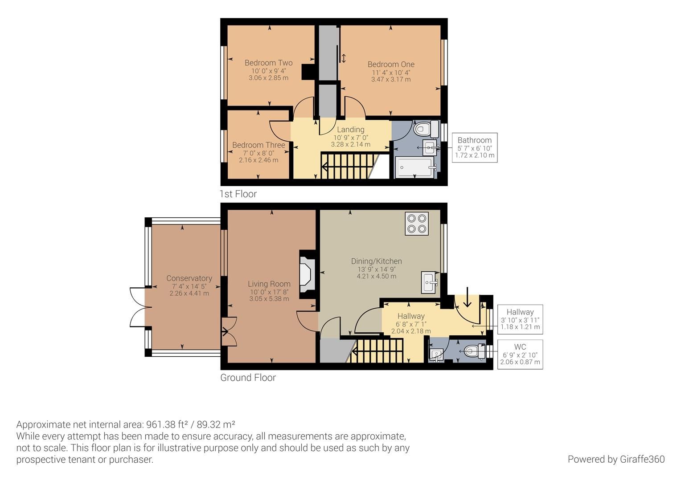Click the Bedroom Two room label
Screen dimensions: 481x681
[x=268, y=63]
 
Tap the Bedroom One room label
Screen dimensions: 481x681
[x=391, y=65]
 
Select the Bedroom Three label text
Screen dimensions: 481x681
[x=258, y=145]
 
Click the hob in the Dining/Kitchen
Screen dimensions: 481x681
[x=417, y=224]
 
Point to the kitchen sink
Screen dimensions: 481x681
[x=431, y=282]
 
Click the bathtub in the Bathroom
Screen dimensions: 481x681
[x=414, y=167]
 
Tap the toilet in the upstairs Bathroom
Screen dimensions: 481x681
[x=424, y=129]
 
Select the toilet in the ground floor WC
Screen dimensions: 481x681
[x=473, y=351]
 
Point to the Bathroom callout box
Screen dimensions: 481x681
[x=475, y=147]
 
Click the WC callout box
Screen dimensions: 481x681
[x=520, y=355]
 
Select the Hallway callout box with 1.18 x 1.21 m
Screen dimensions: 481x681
[x=520, y=319]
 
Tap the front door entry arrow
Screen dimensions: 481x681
[x=467, y=298]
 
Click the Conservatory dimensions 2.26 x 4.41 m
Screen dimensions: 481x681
[x=189, y=293]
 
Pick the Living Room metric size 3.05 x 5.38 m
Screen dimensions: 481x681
[x=269, y=299]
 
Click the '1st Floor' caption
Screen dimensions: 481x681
[x=238, y=194]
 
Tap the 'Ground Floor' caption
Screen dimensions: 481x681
[x=248, y=378]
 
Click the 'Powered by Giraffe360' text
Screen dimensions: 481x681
[x=616, y=459]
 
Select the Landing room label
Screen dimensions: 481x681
[x=351, y=130]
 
